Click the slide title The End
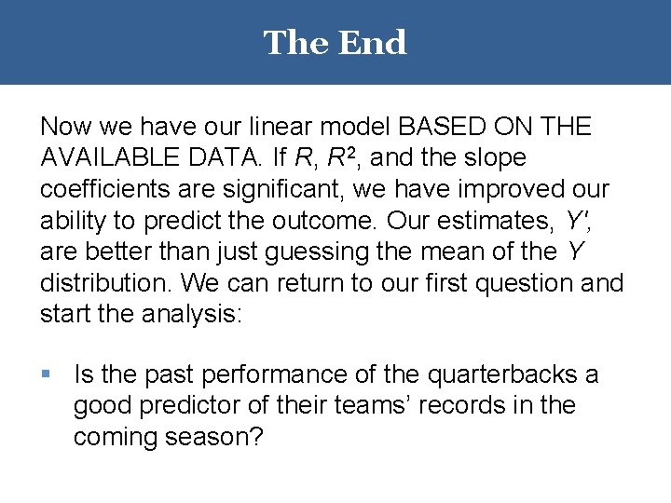click(x=335, y=43)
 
